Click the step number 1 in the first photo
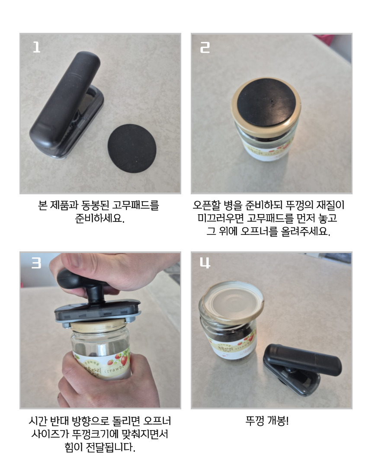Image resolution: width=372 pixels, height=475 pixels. click(36, 47)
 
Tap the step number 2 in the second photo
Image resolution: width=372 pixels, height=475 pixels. click(205, 47)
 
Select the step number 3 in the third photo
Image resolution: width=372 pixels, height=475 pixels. click(36, 263)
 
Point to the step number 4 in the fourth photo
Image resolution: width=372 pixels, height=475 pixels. click(205, 263)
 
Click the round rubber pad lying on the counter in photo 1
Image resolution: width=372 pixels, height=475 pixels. click(132, 148)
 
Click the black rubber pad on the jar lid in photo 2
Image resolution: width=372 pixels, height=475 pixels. click(266, 102)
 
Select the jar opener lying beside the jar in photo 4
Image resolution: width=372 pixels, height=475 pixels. click(301, 368)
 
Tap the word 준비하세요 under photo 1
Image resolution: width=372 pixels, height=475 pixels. click(100, 218)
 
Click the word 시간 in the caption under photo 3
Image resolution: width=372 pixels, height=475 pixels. click(38, 421)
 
